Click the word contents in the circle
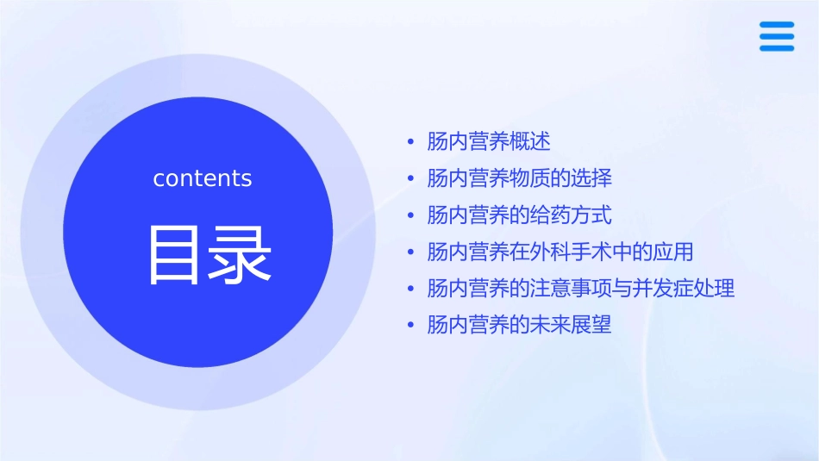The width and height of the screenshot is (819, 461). (203, 178)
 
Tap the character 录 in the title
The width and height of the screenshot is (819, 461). (238, 255)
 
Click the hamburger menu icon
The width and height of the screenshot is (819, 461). (776, 36)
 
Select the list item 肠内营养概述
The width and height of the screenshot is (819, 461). (489, 141)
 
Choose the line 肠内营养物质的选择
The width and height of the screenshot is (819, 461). (519, 178)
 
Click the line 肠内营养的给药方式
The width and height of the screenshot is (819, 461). (519, 215)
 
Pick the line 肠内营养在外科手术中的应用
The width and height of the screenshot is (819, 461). (560, 252)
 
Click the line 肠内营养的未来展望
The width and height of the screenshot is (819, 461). (519, 325)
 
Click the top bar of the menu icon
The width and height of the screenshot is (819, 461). (776, 25)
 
